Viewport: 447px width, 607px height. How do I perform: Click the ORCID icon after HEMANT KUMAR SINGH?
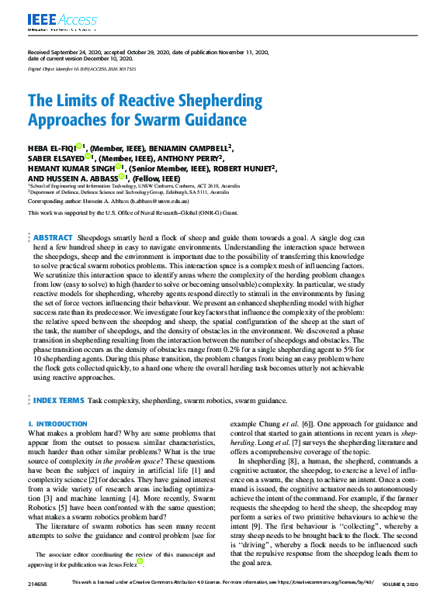click(120, 166)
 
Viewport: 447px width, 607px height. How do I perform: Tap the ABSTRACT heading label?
click(53, 237)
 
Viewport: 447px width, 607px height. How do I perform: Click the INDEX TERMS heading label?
click(58, 401)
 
